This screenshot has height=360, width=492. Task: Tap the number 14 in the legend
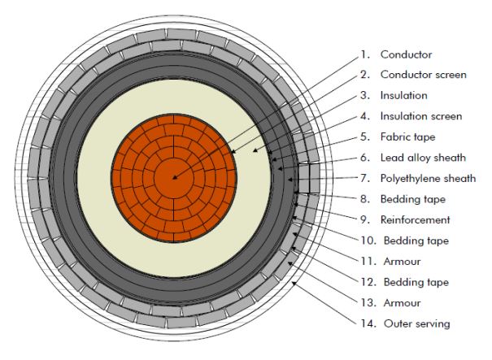(x=368, y=323)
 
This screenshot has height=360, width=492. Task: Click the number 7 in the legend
(x=365, y=178)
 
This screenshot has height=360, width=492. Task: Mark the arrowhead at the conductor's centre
(x=175, y=178)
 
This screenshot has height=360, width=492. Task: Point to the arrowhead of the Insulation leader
(x=255, y=150)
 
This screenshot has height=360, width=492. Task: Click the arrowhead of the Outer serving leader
(x=294, y=284)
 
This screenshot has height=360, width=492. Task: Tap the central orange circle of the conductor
(x=174, y=178)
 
